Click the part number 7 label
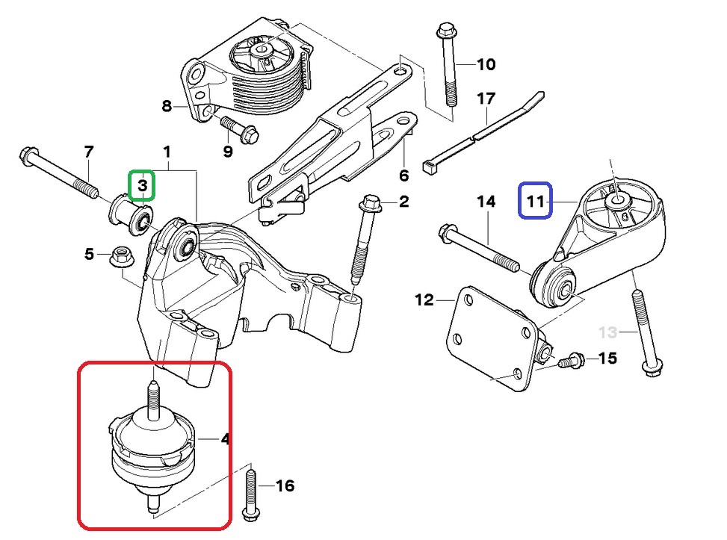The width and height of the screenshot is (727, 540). coord(89,152)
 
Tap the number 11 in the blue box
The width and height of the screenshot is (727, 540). coord(536,200)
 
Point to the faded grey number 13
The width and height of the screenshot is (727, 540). coord(609,332)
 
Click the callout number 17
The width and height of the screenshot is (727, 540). coord(486,98)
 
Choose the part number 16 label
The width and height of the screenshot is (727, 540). coord(285,486)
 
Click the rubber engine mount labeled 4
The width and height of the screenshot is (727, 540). coord(152,447)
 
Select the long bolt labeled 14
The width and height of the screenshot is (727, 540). coord(482,249)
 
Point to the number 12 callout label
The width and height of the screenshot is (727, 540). coord(424,300)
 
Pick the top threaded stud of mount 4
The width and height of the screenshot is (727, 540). coord(154,395)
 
